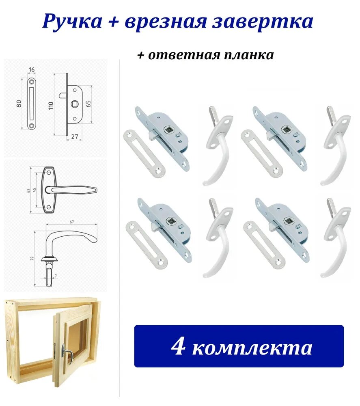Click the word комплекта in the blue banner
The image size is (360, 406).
(252, 348)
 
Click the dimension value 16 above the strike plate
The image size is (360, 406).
(32, 70)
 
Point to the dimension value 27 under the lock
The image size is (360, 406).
(74, 137)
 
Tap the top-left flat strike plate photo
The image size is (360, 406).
(144, 153)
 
